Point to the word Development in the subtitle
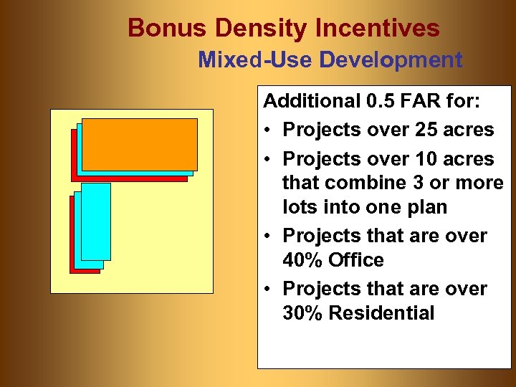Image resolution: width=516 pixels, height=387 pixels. (x=391, y=59)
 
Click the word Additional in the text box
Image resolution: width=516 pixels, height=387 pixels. (x=312, y=101)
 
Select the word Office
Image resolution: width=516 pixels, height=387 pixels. (x=358, y=260)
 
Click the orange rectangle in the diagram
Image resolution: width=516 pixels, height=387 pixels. (x=139, y=143)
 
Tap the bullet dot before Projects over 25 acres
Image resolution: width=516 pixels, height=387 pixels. (x=267, y=131)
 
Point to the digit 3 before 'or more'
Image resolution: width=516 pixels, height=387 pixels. (x=416, y=183)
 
